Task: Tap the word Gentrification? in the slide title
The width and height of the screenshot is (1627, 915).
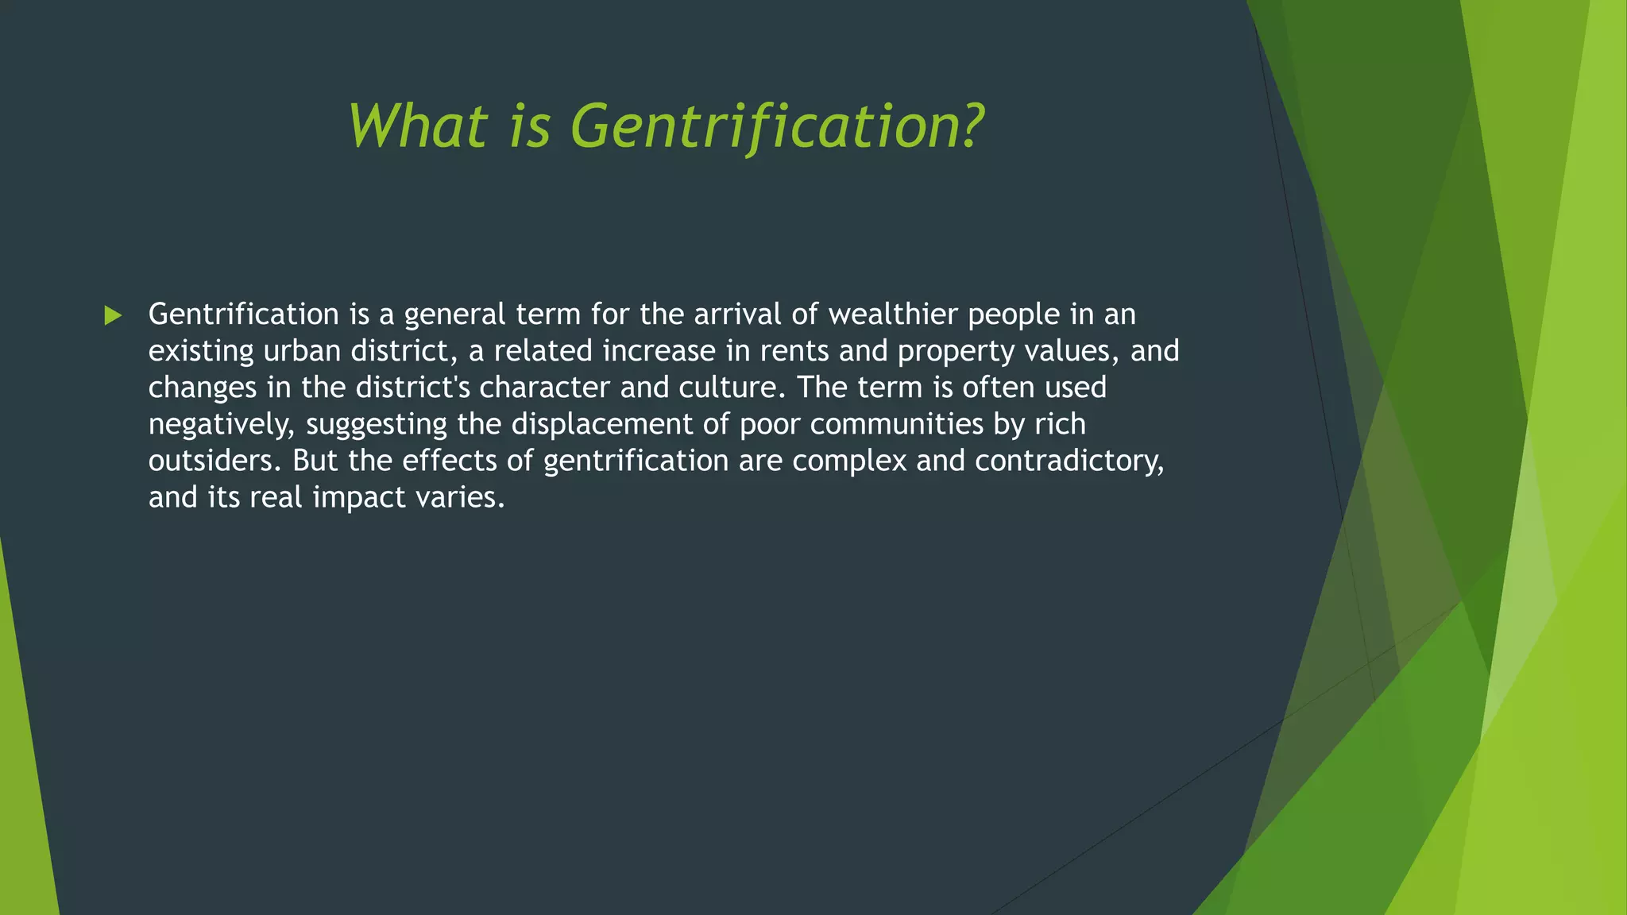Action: click(777, 127)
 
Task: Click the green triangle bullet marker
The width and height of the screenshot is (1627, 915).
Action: click(113, 316)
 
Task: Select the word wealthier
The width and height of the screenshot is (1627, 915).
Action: click(893, 315)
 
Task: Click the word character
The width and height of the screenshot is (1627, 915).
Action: click(544, 388)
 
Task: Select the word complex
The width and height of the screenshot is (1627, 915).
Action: click(848, 461)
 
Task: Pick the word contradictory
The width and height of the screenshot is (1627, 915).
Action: click(1069, 461)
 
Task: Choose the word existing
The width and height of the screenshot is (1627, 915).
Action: click(201, 352)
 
